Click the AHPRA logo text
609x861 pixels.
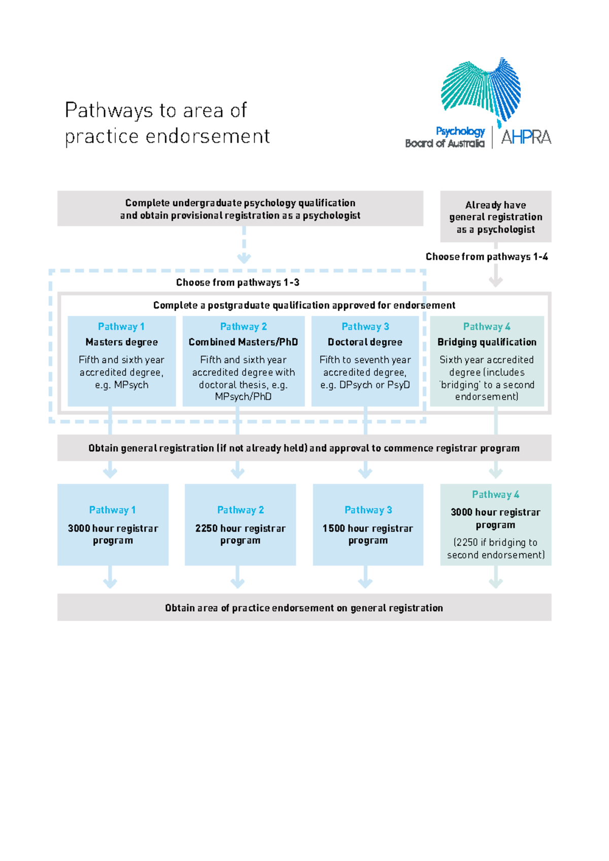pos(526,137)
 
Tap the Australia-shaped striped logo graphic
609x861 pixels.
pos(481,89)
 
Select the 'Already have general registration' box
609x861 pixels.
pos(495,217)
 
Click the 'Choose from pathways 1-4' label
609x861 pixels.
pos(486,257)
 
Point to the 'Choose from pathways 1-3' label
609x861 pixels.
pos(238,283)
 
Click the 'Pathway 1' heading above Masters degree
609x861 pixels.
pos(121,326)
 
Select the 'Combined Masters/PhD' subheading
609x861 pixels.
pos(243,342)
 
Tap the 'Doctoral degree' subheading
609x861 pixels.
pos(365,342)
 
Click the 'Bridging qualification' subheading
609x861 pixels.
pos(487,342)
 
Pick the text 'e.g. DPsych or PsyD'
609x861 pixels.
pos(365,385)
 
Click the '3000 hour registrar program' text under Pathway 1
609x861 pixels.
pos(113,534)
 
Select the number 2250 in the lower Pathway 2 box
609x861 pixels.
pos(206,528)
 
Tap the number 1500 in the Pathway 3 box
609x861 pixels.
pos(333,528)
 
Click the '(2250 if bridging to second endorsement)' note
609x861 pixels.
pos(495,549)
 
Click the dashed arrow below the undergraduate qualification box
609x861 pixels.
pos(244,246)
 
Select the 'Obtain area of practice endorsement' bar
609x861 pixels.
pos(303,608)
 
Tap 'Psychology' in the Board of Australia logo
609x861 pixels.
pos(460,131)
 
